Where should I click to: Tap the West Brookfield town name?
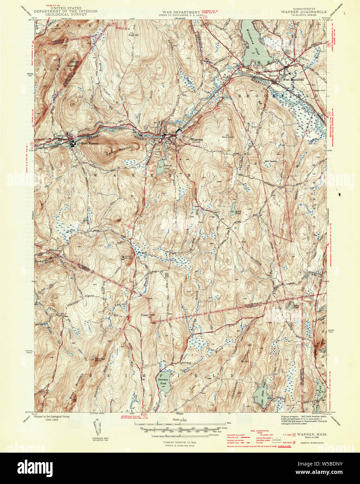(x=291, y=80)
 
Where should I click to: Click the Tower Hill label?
(x=147, y=315)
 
